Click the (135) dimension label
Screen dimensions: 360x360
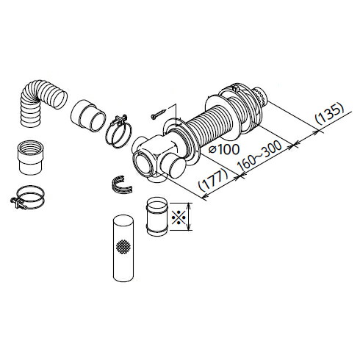point(329,114)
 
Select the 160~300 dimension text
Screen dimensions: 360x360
point(260,156)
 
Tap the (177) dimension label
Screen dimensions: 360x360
point(213,180)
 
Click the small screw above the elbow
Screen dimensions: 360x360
point(158,115)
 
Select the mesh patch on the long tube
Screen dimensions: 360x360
point(123,246)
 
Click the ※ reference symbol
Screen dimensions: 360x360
point(179,217)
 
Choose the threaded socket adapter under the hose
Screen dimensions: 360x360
point(30,157)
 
